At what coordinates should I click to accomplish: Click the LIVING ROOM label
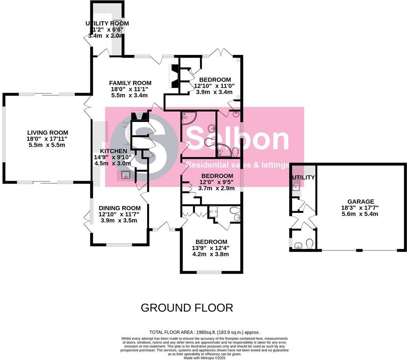(47, 133)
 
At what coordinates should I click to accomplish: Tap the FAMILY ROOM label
(130, 83)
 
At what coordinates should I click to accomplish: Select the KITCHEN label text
(114, 151)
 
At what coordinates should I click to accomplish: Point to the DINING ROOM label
(119, 208)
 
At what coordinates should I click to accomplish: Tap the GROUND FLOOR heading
(187, 307)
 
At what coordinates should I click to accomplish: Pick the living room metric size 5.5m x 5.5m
(47, 145)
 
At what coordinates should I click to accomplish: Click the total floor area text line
(204, 332)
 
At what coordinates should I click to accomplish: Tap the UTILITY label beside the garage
(303, 178)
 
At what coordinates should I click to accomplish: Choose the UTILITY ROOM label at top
(107, 24)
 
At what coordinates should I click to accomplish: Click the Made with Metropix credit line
(204, 358)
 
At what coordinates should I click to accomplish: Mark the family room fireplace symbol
(173, 76)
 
